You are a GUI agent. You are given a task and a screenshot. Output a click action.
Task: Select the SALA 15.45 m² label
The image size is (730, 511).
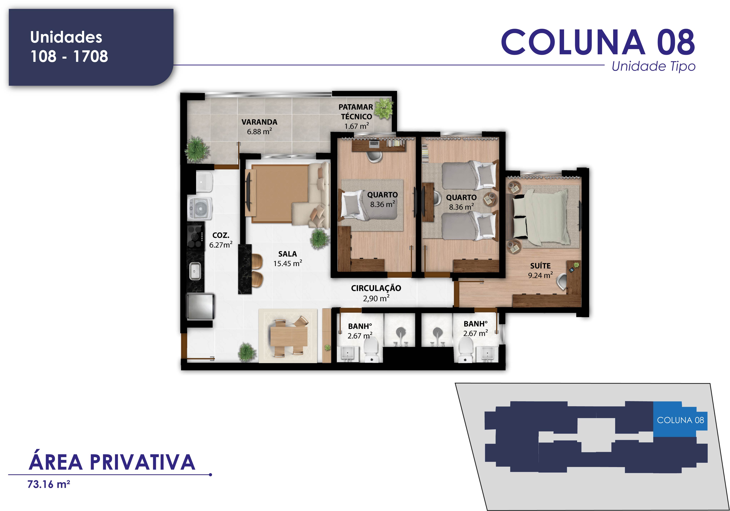(287, 259)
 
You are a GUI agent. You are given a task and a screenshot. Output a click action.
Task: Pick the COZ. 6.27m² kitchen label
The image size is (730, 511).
(221, 240)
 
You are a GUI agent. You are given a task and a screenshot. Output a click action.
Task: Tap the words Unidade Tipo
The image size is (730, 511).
(653, 66)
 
